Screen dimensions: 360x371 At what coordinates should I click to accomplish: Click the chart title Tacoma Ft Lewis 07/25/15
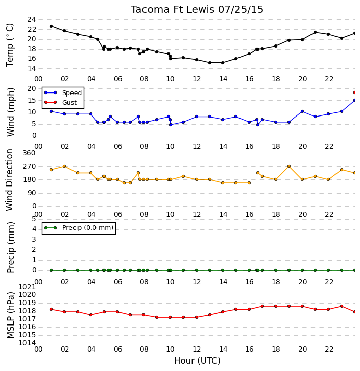click(197, 10)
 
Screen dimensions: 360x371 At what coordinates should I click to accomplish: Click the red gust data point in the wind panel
click(354, 92)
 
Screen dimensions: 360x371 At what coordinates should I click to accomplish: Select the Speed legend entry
click(63, 93)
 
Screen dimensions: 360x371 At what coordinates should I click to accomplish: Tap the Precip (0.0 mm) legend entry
click(79, 228)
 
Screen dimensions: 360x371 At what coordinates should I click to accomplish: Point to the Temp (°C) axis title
click(10, 45)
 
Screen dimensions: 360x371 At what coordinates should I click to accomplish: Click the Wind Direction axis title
click(10, 180)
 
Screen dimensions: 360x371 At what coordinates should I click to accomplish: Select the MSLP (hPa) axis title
click(11, 315)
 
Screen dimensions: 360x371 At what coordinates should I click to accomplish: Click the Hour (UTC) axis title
click(197, 361)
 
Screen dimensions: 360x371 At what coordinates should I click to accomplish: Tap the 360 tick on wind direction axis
click(29, 153)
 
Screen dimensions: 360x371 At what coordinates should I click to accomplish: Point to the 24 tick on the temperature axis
click(32, 19)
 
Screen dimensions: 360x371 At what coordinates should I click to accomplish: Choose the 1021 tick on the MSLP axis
click(27, 287)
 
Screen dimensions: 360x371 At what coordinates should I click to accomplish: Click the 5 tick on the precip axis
click(34, 219)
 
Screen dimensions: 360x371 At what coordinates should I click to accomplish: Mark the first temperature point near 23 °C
click(51, 26)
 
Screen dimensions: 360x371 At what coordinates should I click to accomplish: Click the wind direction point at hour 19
click(289, 166)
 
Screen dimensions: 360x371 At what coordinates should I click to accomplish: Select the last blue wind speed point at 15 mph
click(354, 100)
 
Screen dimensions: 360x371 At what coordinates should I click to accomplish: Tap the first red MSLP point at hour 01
click(51, 309)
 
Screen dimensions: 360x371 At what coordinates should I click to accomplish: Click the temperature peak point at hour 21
click(315, 32)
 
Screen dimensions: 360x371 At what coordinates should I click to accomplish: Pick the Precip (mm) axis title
click(11, 248)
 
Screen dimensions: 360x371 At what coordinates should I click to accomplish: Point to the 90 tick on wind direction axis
click(32, 193)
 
